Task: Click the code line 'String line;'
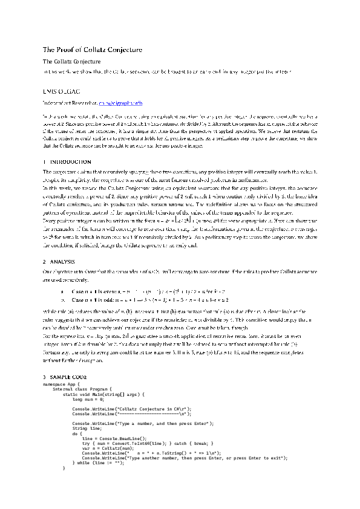pos(87,428)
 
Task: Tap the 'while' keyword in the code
pos(82,462)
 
